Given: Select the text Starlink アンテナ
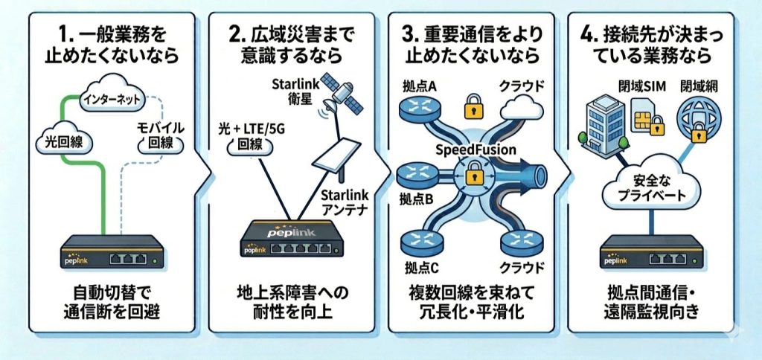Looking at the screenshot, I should pos(341,202).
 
